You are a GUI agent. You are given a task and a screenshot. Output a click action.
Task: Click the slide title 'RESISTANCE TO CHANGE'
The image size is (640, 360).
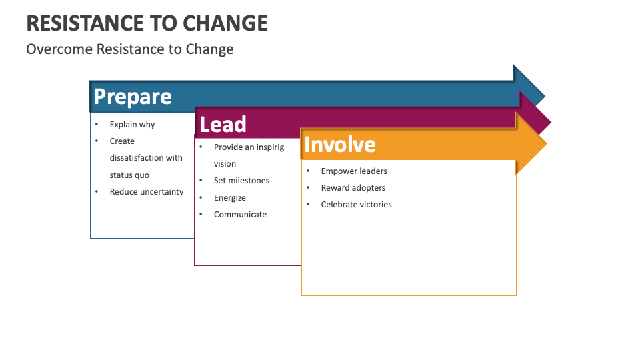(147, 23)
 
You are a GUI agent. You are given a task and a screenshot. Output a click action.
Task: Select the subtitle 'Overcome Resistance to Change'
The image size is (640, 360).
(130, 49)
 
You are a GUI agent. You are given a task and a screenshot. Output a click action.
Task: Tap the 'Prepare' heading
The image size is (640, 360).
(133, 97)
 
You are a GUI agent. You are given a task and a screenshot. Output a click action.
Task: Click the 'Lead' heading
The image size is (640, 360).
(223, 125)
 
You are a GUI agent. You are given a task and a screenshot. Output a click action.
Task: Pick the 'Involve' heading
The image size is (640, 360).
(339, 145)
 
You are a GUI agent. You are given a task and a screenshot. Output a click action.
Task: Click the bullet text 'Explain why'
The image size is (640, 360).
(132, 125)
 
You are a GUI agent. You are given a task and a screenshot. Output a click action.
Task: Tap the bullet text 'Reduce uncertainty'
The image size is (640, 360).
(147, 192)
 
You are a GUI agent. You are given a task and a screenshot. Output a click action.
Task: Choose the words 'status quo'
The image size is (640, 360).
(129, 175)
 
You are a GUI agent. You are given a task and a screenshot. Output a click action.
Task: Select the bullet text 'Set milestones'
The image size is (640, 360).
(241, 181)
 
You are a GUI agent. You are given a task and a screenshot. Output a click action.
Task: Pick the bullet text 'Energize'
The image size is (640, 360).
(230, 198)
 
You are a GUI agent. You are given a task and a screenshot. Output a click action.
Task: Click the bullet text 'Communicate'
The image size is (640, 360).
(240, 215)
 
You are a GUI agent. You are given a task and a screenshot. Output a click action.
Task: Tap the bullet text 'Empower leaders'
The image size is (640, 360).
(354, 171)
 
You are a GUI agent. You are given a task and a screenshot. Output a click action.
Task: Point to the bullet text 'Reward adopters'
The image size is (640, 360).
(353, 188)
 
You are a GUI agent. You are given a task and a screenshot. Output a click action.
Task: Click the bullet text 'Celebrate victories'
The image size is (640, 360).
(356, 205)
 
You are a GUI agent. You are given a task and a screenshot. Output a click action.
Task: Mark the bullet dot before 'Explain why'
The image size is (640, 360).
(97, 125)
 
